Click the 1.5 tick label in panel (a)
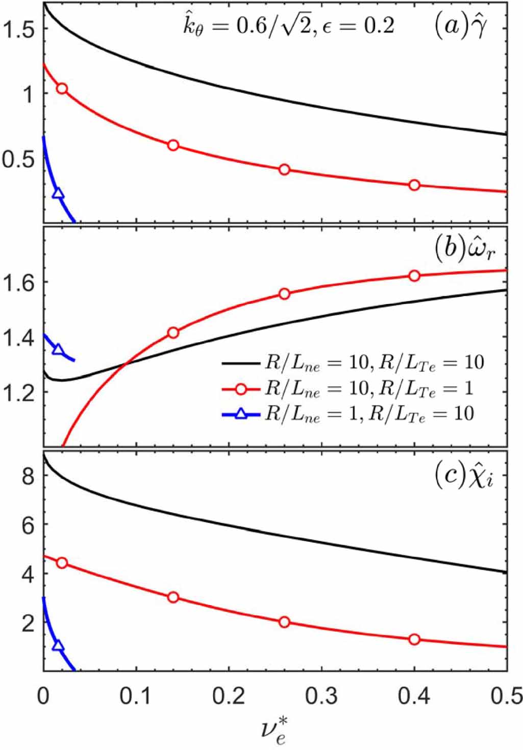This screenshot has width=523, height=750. coord(19,30)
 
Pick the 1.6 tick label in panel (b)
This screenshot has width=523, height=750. coord(19,282)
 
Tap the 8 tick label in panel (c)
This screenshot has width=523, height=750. coord(28,476)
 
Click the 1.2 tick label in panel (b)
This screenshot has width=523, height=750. coord(19,393)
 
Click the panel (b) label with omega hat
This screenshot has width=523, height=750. coord(464,250)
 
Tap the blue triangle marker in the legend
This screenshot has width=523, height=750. coord(242,414)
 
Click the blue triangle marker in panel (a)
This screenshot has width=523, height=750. coord(58,193)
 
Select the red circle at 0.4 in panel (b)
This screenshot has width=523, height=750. coord(414,276)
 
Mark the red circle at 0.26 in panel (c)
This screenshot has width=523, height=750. coord(284,622)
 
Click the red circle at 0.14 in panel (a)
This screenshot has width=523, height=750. coord(173,145)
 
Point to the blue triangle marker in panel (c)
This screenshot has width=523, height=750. coord(58,646)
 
